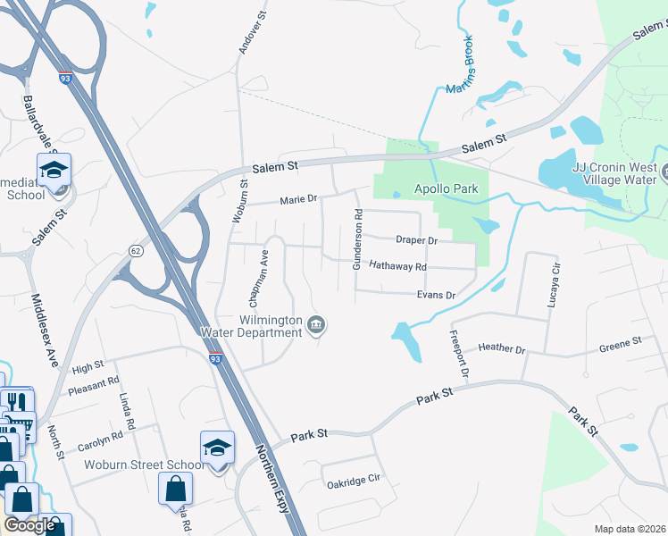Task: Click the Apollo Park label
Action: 447,188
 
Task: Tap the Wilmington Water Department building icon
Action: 315,325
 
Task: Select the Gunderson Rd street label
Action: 357,239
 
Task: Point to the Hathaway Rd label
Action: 397,266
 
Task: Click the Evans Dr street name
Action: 437,295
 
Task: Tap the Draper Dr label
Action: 416,240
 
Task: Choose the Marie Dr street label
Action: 298,200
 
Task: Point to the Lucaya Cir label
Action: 555,281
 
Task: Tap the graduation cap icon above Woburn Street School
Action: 217,446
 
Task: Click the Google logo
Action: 30,525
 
